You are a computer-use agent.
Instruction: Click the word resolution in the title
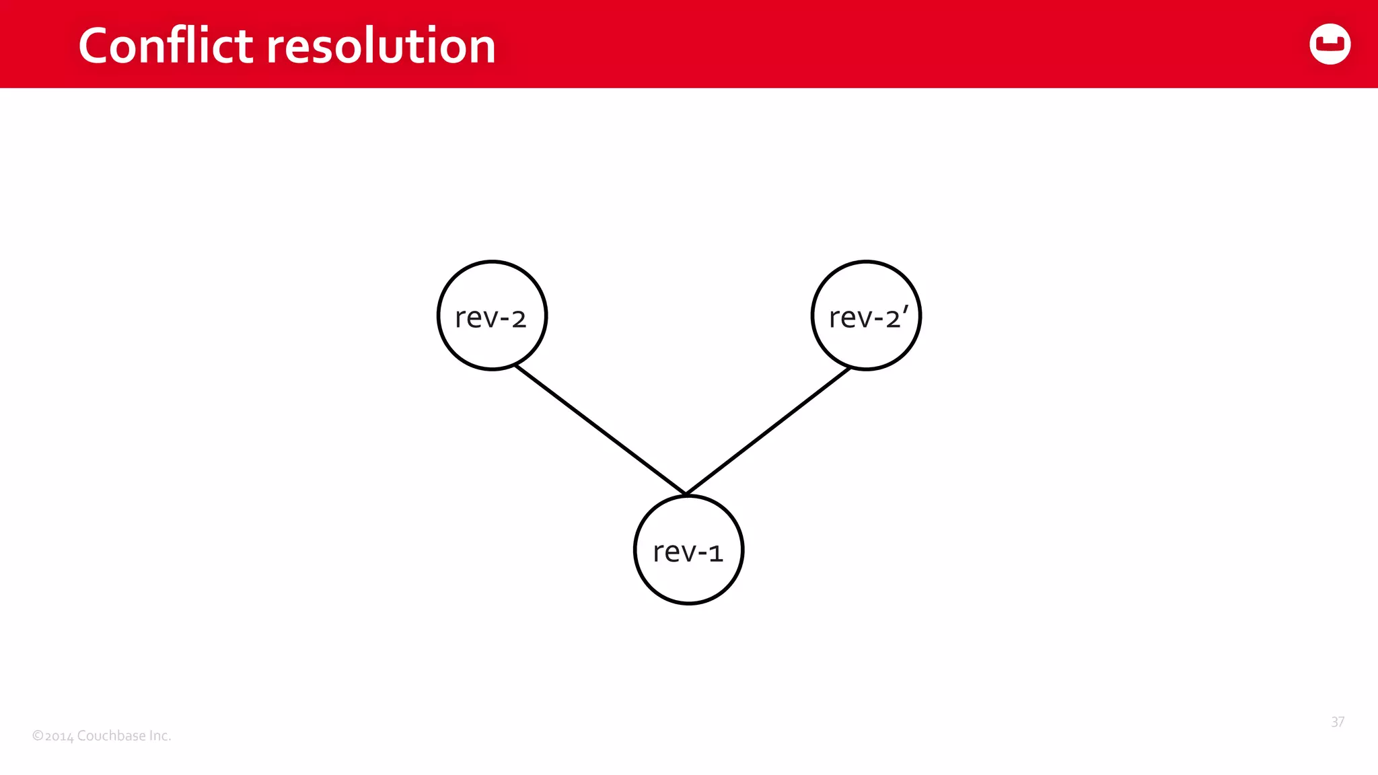coord(381,46)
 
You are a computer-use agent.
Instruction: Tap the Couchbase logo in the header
coord(1330,44)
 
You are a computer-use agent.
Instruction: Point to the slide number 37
coord(1338,722)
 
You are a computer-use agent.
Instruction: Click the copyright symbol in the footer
coord(38,736)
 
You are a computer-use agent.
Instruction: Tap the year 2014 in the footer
coord(59,736)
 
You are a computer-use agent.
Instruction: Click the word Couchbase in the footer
coord(111,735)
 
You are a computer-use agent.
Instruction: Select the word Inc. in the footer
coord(160,735)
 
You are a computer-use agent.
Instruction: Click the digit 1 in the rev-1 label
coord(715,554)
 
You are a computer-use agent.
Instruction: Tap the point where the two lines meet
coord(686,494)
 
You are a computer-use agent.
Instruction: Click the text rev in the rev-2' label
coord(850,318)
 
